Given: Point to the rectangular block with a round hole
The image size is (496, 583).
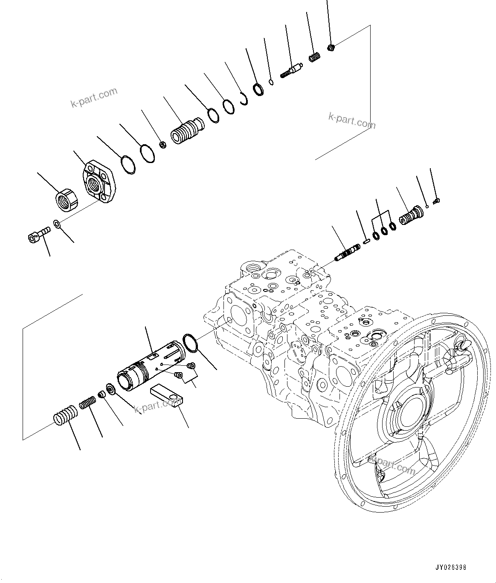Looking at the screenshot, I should pos(166,397).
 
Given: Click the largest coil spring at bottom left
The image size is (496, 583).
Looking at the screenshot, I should pos(66,415).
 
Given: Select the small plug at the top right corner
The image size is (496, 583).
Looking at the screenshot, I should pos(331,47).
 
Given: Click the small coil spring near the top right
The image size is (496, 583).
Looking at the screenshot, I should pos(314,57).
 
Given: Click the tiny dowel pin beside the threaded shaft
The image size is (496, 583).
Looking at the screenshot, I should pos(366,242).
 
